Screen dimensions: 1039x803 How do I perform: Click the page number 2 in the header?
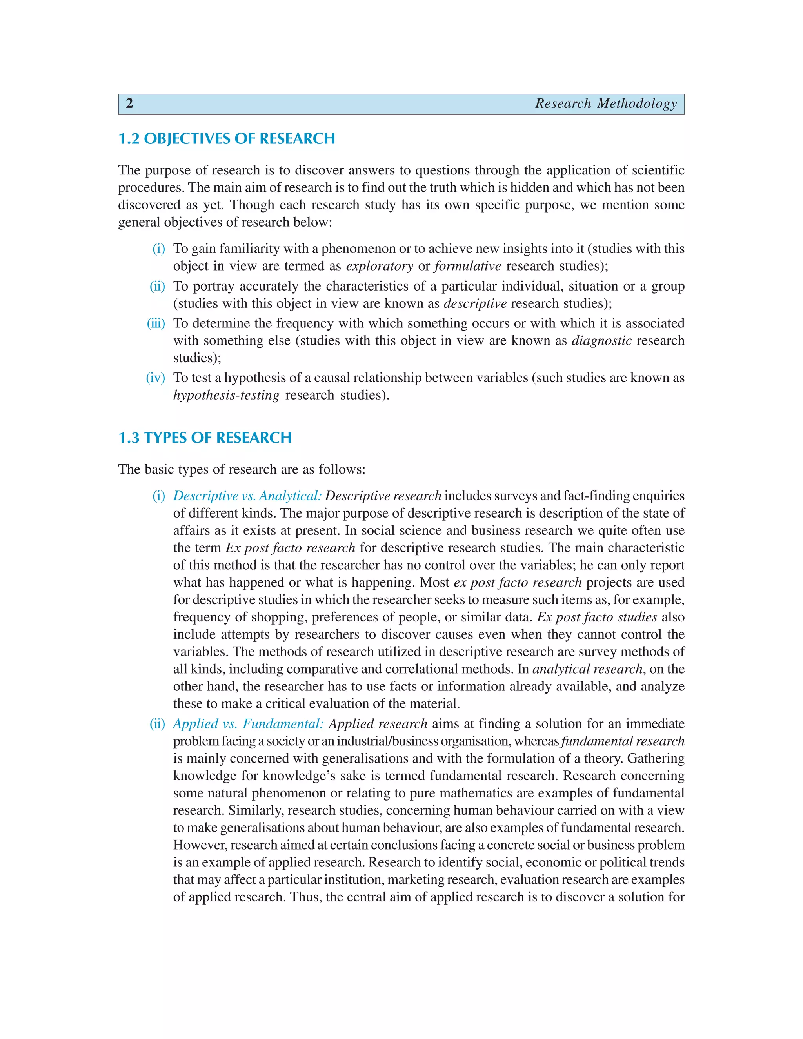(x=129, y=104)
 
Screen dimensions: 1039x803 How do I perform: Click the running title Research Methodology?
(x=605, y=104)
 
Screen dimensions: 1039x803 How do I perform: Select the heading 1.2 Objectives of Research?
(x=227, y=138)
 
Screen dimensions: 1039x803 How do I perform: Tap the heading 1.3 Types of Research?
(x=205, y=438)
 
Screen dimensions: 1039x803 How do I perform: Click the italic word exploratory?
(x=379, y=266)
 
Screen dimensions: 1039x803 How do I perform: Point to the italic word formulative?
(x=467, y=266)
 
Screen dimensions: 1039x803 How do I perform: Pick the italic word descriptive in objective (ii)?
(x=475, y=303)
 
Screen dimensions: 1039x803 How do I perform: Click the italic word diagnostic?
(x=601, y=341)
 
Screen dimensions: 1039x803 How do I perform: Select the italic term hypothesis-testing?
(x=226, y=395)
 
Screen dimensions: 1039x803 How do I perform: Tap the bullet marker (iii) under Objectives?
(x=156, y=323)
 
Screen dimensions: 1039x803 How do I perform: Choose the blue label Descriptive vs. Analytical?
(x=247, y=496)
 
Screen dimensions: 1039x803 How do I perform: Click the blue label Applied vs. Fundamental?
(x=248, y=724)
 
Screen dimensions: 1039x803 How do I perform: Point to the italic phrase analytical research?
(x=587, y=669)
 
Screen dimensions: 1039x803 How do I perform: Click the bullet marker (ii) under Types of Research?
(x=157, y=724)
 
